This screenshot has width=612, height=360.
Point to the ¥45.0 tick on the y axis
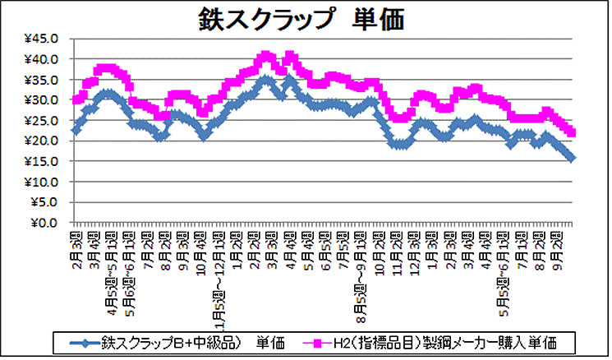40,39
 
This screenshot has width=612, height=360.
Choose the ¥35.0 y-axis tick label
40,80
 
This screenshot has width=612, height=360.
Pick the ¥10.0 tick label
40,182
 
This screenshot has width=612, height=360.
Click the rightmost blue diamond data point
572,158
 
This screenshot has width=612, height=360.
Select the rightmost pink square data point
572,132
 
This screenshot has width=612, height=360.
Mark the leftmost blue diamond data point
76,130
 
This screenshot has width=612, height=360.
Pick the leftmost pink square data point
76,100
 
